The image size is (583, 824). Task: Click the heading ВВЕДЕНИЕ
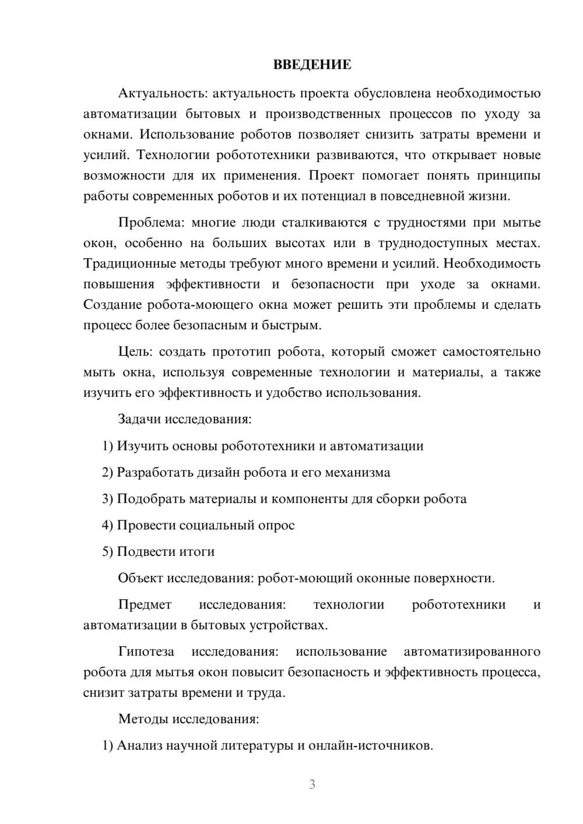312,65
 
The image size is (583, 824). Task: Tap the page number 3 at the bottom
312,784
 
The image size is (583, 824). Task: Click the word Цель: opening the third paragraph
135,352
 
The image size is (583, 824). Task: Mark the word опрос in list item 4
276,525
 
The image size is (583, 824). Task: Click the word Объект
141,578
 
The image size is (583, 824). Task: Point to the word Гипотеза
146,652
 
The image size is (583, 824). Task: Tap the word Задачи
139,420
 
